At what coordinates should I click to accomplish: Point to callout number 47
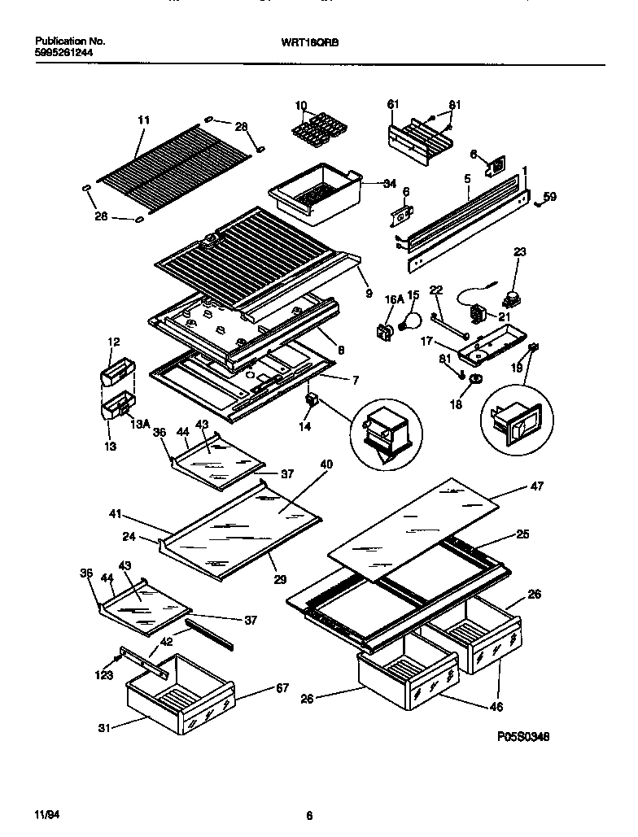pyautogui.click(x=536, y=486)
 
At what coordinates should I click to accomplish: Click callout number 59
pyautogui.click(x=550, y=196)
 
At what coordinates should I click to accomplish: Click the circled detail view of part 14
pyautogui.click(x=387, y=434)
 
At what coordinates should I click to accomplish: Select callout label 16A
pyautogui.click(x=394, y=299)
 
